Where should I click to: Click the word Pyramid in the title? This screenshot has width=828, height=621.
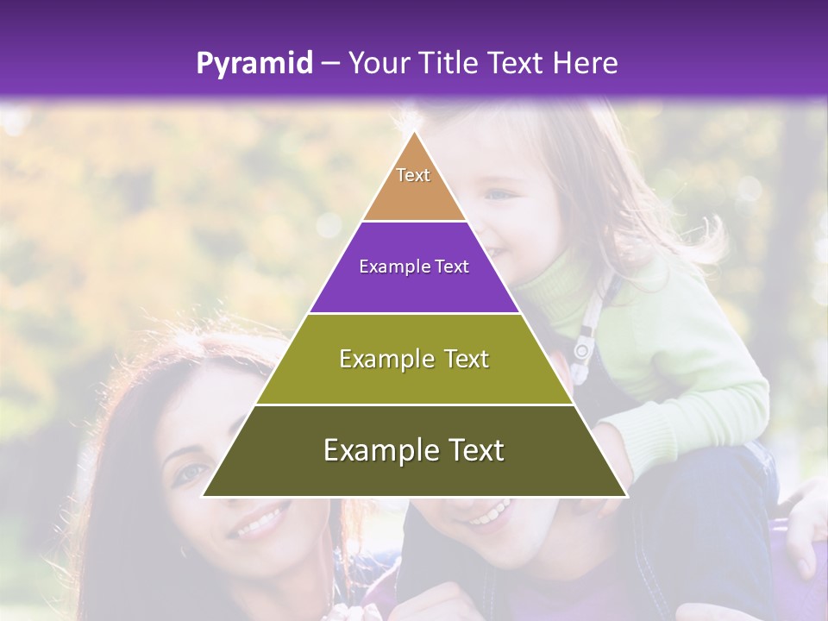(254, 64)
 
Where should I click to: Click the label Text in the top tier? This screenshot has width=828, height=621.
(413, 175)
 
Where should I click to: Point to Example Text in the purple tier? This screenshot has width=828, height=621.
(414, 267)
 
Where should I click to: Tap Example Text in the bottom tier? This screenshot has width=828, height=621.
(414, 450)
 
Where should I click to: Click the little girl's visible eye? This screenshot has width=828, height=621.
(499, 195)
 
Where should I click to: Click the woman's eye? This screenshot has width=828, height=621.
(189, 474)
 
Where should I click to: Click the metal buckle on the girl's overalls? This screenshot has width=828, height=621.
(582, 348)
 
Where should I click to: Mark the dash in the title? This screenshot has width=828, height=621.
(330, 64)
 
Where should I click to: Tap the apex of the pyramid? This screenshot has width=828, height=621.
(414, 133)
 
